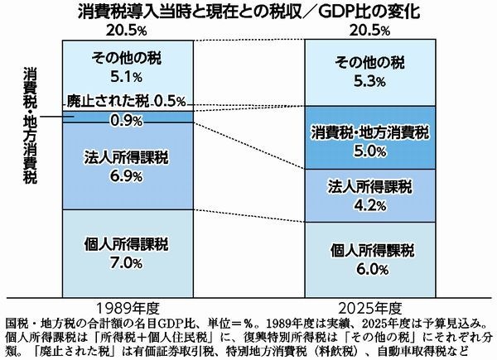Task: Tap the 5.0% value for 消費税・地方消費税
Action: click(x=370, y=151)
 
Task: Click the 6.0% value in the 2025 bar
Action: click(x=370, y=268)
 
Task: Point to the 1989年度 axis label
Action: click(x=127, y=303)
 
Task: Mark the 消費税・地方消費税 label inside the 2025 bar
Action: click(x=370, y=132)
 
